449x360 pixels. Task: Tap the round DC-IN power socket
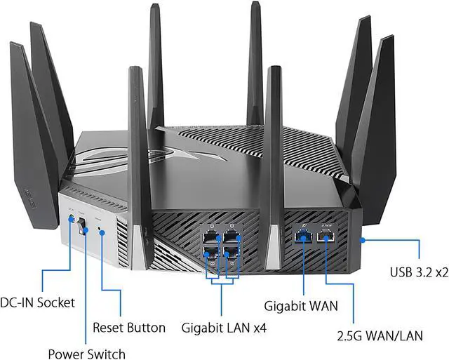71,220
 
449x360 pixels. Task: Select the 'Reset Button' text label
129,328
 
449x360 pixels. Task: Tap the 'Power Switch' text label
86,353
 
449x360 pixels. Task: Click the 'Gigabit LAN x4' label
224,327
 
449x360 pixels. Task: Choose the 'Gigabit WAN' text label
301,306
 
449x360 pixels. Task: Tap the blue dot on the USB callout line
362,240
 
